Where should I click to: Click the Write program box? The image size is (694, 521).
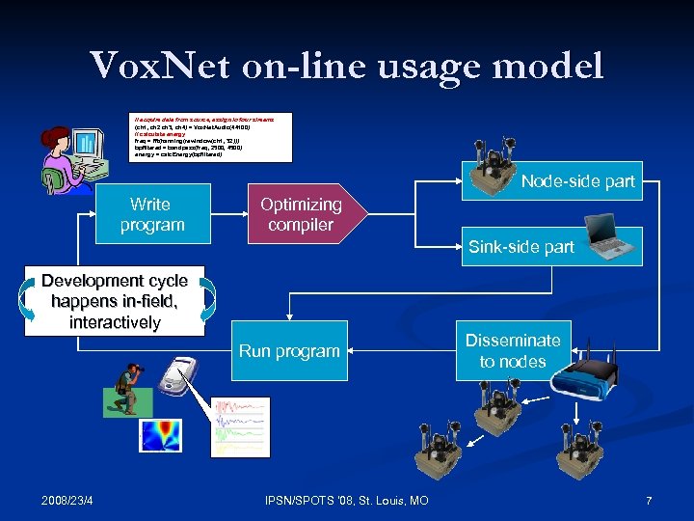pos(151,214)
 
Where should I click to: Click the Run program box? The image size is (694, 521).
pos(289,350)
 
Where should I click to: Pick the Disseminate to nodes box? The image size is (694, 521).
pos(513,350)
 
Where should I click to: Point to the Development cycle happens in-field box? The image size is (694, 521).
pos(115,300)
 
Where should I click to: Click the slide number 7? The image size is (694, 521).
pos(649,500)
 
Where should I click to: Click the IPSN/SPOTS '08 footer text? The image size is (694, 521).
pos(346,500)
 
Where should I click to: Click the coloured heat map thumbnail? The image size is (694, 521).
pos(160,435)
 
